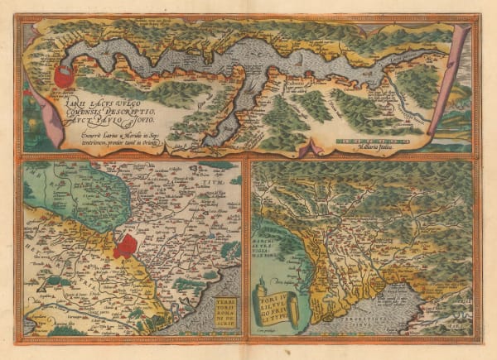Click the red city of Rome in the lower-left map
tap(126, 245)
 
